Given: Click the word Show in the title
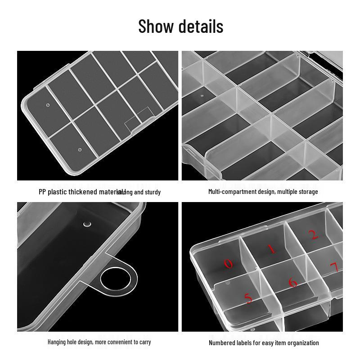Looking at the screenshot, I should tap(156, 27).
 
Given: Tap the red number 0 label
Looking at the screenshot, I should tap(229, 264).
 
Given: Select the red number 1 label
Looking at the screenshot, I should tap(271, 249).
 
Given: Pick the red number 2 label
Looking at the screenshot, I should tap(314, 234).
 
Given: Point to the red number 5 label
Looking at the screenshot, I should tap(248, 298).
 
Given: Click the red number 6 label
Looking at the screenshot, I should tap(293, 283).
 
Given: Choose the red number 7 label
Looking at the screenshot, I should tap(333, 268).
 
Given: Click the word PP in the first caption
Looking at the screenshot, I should tap(42, 192).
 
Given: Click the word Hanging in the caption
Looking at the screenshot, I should tap(58, 342).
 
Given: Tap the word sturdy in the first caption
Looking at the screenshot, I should tap(152, 192).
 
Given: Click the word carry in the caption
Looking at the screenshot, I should tap(145, 342).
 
